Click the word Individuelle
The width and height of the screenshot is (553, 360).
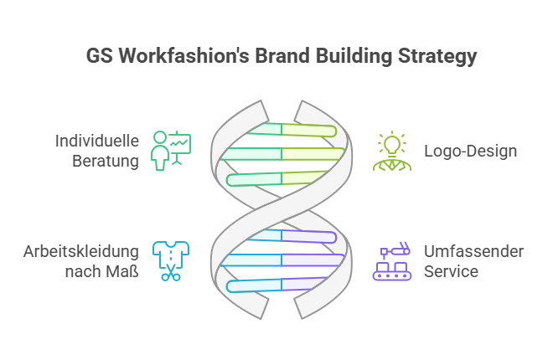97,141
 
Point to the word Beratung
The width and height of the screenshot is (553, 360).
106,162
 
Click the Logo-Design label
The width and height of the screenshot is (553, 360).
471,151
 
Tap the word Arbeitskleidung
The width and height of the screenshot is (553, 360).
81,251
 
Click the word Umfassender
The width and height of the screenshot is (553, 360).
473,251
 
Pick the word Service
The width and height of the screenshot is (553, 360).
451,271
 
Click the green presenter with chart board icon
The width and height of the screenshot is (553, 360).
171,151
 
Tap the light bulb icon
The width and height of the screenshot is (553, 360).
392,151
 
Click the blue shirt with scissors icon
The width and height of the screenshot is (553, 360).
171,261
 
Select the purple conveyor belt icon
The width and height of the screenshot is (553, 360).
392,261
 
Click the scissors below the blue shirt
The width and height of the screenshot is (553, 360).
171,273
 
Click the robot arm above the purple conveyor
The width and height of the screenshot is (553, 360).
395,249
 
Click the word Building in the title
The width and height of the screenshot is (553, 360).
354,56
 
